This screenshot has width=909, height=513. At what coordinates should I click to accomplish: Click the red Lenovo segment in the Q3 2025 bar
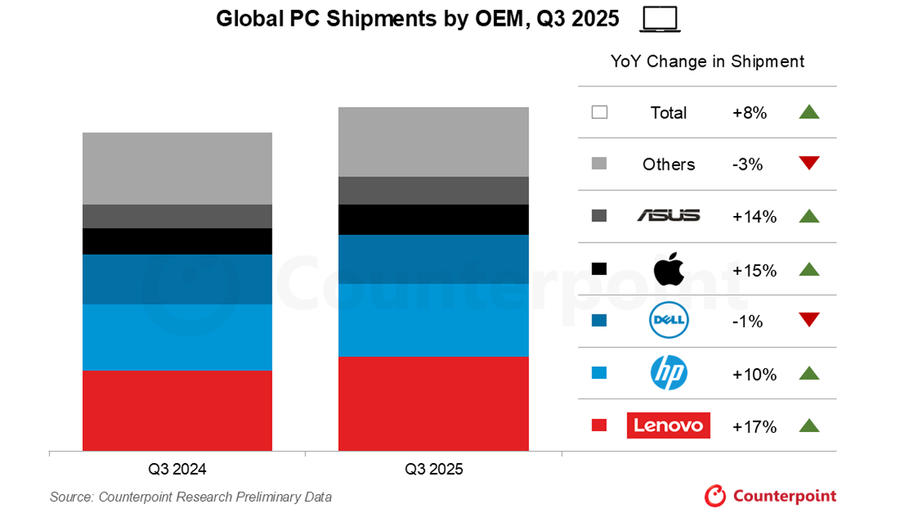[433, 403]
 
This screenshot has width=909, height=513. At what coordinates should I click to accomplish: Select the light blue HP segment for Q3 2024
[177, 337]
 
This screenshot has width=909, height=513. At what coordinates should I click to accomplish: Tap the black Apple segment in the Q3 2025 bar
[433, 220]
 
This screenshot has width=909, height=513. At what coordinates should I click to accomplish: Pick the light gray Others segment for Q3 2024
[177, 168]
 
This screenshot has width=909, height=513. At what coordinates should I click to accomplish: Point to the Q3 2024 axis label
[177, 469]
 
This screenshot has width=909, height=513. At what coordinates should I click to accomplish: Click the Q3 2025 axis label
[433, 469]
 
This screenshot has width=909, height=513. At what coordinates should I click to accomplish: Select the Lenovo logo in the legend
[669, 425]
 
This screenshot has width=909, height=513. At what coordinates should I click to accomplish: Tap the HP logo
[669, 373]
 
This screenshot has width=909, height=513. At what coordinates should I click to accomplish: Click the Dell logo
[668, 321]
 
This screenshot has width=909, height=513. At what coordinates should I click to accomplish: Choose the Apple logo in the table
[669, 269]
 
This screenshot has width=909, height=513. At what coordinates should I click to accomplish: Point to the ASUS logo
[669, 216]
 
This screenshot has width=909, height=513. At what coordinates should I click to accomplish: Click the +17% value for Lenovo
[754, 427]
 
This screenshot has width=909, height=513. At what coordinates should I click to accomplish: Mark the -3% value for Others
[749, 164]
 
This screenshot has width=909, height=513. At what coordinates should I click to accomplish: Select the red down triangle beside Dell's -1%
[809, 320]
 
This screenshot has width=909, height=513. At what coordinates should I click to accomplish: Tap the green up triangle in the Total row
[809, 112]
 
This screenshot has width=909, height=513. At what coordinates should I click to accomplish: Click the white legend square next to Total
[599, 113]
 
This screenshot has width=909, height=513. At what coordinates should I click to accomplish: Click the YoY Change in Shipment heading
[708, 62]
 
